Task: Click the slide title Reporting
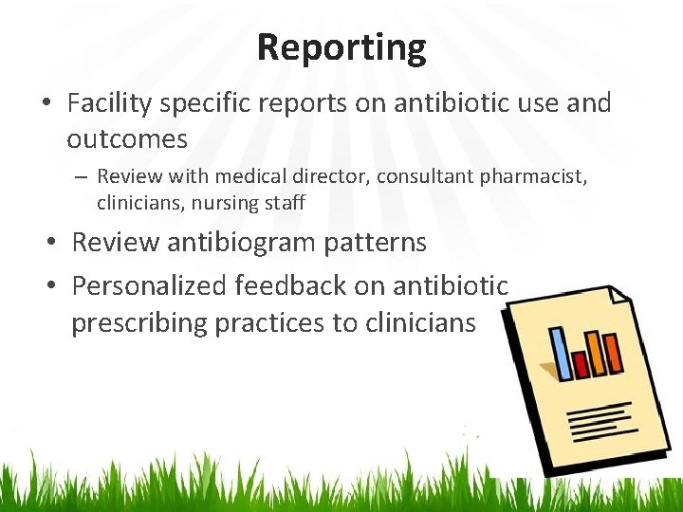pos(341,46)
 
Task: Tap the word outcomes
pos(127,139)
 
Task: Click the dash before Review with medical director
pos(83,176)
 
